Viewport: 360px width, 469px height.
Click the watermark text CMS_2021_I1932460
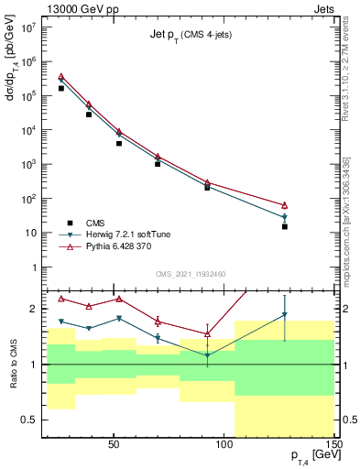click(x=191, y=272)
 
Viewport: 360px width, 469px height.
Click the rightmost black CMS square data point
click(x=285, y=226)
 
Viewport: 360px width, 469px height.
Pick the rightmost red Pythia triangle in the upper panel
click(x=285, y=205)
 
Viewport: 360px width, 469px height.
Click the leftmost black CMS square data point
click(x=61, y=88)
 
